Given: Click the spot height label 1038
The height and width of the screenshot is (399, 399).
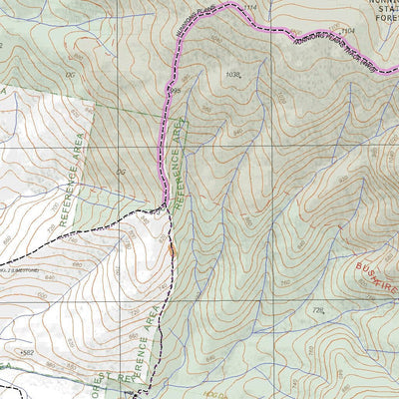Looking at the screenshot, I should click(234, 75).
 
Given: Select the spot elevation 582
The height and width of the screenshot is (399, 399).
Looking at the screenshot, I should click(27, 352).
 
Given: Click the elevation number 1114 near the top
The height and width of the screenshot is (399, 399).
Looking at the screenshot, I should click(248, 8).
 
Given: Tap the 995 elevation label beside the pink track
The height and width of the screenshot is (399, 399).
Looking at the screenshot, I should click(176, 91).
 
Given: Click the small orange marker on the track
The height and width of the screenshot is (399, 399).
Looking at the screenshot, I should click(174, 251).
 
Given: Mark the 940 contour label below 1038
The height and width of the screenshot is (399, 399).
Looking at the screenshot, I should click(236, 131).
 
